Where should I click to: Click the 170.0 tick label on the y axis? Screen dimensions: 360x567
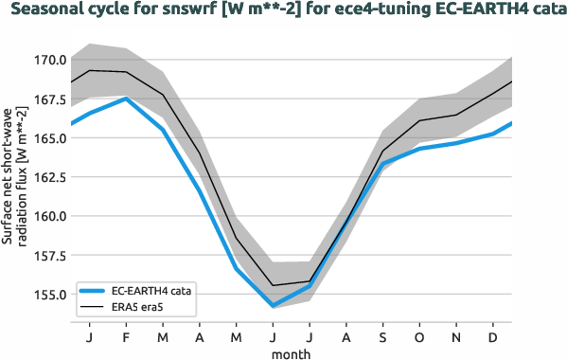pyautogui.click(x=49, y=60)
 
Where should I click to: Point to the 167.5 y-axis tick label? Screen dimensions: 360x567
pyautogui.click(x=49, y=99)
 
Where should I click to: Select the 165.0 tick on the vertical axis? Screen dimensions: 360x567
pyautogui.click(x=49, y=138)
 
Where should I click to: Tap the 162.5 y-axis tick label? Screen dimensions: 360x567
pyautogui.click(x=49, y=177)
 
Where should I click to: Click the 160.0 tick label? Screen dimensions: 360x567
pyautogui.click(x=49, y=216)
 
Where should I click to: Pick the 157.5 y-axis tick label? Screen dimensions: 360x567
pyautogui.click(x=49, y=256)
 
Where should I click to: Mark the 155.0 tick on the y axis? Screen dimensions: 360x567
pyautogui.click(x=49, y=295)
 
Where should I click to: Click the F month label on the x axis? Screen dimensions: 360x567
pyautogui.click(x=126, y=336)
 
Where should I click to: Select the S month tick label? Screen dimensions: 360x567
pyautogui.click(x=382, y=336)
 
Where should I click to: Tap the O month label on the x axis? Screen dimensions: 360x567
pyautogui.click(x=419, y=336)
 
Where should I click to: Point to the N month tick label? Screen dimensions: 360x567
pyautogui.click(x=456, y=336)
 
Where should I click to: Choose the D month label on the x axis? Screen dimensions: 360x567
pyautogui.click(x=493, y=336)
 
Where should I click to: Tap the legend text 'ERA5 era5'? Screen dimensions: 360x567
pyautogui.click(x=138, y=308)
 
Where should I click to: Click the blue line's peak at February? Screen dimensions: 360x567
pyautogui.click(x=126, y=99)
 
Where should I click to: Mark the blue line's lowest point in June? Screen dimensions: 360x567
pyautogui.click(x=273, y=306)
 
